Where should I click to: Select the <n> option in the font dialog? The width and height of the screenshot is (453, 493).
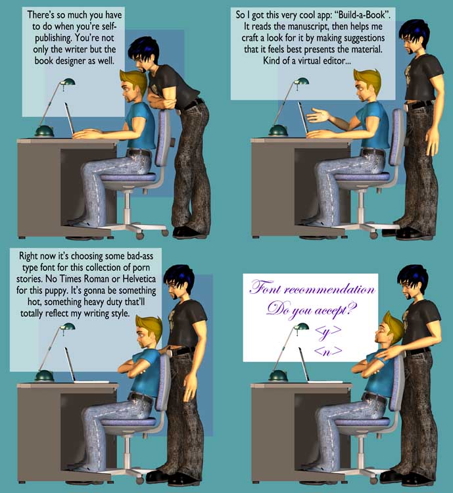point(328,350)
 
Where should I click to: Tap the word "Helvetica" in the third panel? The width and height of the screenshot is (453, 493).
point(139,279)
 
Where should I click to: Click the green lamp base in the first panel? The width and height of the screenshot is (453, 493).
point(44,131)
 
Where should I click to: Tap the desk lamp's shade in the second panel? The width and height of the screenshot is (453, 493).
point(301,81)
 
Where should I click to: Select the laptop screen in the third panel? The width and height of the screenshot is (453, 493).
point(70,364)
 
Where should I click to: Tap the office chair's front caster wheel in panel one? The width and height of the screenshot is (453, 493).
point(139,235)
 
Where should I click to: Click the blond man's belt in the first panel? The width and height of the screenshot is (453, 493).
point(139,153)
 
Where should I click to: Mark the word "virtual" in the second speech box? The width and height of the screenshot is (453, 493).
point(309,60)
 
